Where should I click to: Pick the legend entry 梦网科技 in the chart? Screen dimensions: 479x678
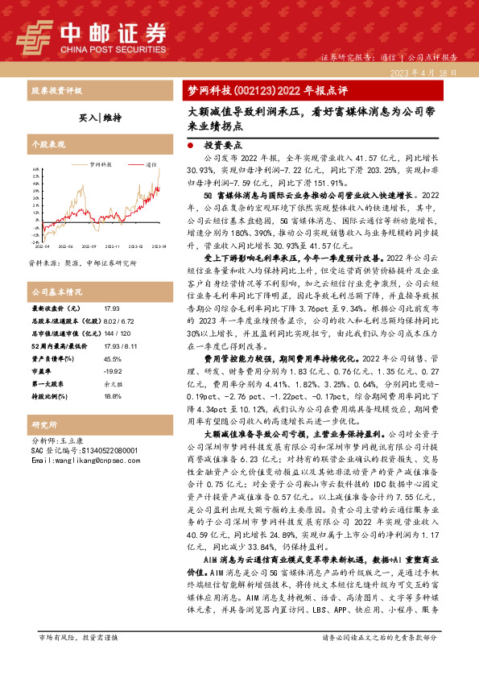[101, 163]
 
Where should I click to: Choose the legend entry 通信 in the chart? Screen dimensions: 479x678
[151, 163]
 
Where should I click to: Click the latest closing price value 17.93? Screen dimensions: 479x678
[112, 308]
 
